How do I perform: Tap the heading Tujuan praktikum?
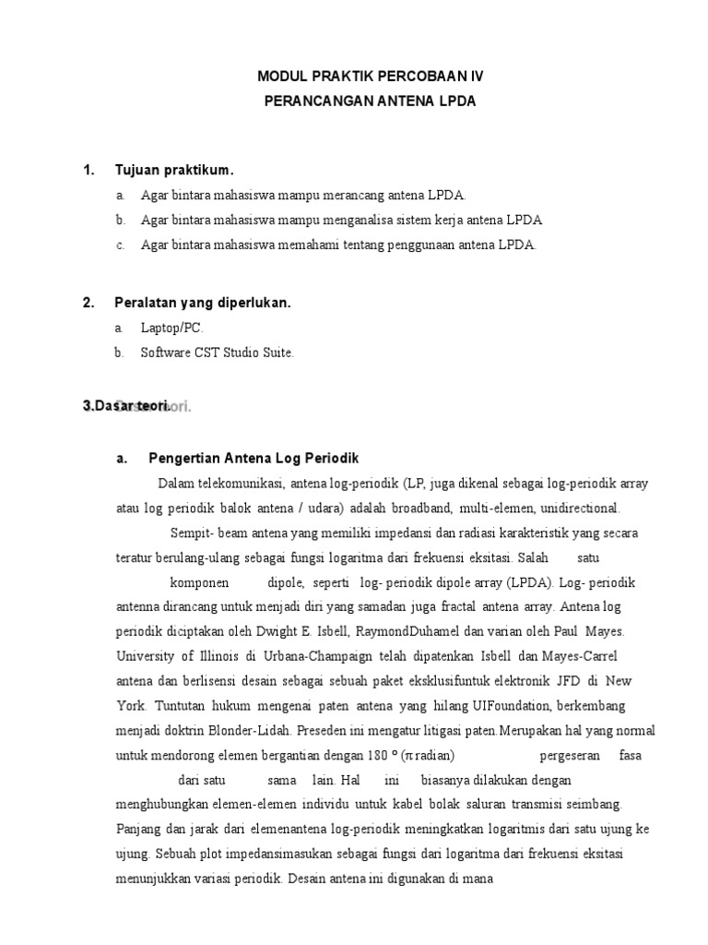click(174, 171)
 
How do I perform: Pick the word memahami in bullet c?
click(333, 245)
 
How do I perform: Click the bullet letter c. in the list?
click(120, 245)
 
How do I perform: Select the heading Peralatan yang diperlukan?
click(202, 303)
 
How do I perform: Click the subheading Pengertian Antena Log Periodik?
click(253, 459)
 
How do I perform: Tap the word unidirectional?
click(576, 508)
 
